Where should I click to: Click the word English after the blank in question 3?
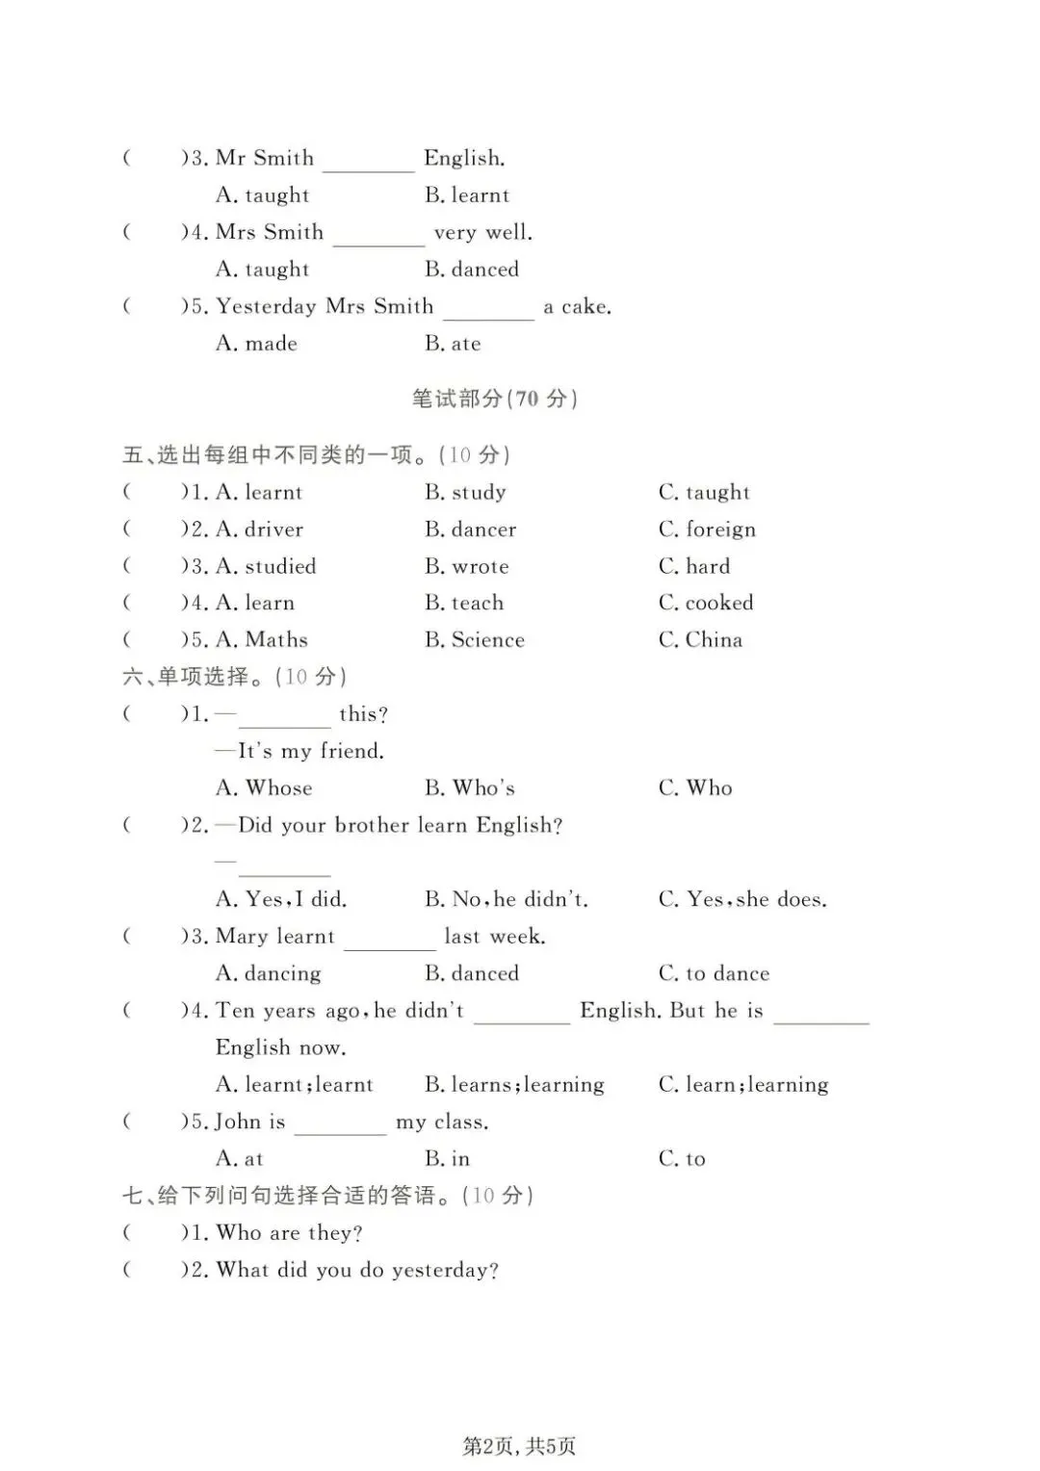(464, 158)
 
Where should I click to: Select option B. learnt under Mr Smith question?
(467, 195)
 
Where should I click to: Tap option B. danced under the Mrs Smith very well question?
(472, 270)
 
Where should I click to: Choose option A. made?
(256, 344)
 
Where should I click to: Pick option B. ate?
(453, 344)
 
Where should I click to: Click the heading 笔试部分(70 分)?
(494, 399)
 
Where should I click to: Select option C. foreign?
(707, 529)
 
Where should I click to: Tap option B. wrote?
(467, 567)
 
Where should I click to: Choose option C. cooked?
(706, 604)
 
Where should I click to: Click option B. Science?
(475, 640)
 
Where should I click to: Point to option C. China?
(700, 640)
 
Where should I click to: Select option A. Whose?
(264, 788)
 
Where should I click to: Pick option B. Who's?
(470, 788)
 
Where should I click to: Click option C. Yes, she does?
(742, 899)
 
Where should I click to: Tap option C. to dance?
(714, 973)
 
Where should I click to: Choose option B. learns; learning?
(514, 1085)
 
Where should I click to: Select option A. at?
(240, 1159)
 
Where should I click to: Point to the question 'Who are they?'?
(289, 1233)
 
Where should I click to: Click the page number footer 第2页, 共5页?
(519, 1446)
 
